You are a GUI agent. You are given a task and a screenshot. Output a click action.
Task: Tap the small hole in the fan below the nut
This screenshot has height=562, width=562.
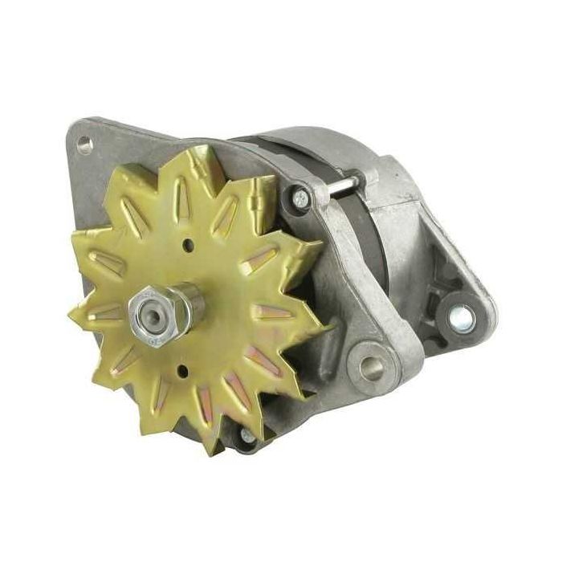[x=184, y=369]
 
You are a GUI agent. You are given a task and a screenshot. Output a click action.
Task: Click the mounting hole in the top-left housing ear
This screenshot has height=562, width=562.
[x=83, y=145]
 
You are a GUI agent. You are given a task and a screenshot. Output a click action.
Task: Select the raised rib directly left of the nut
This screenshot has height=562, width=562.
[x=106, y=312]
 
